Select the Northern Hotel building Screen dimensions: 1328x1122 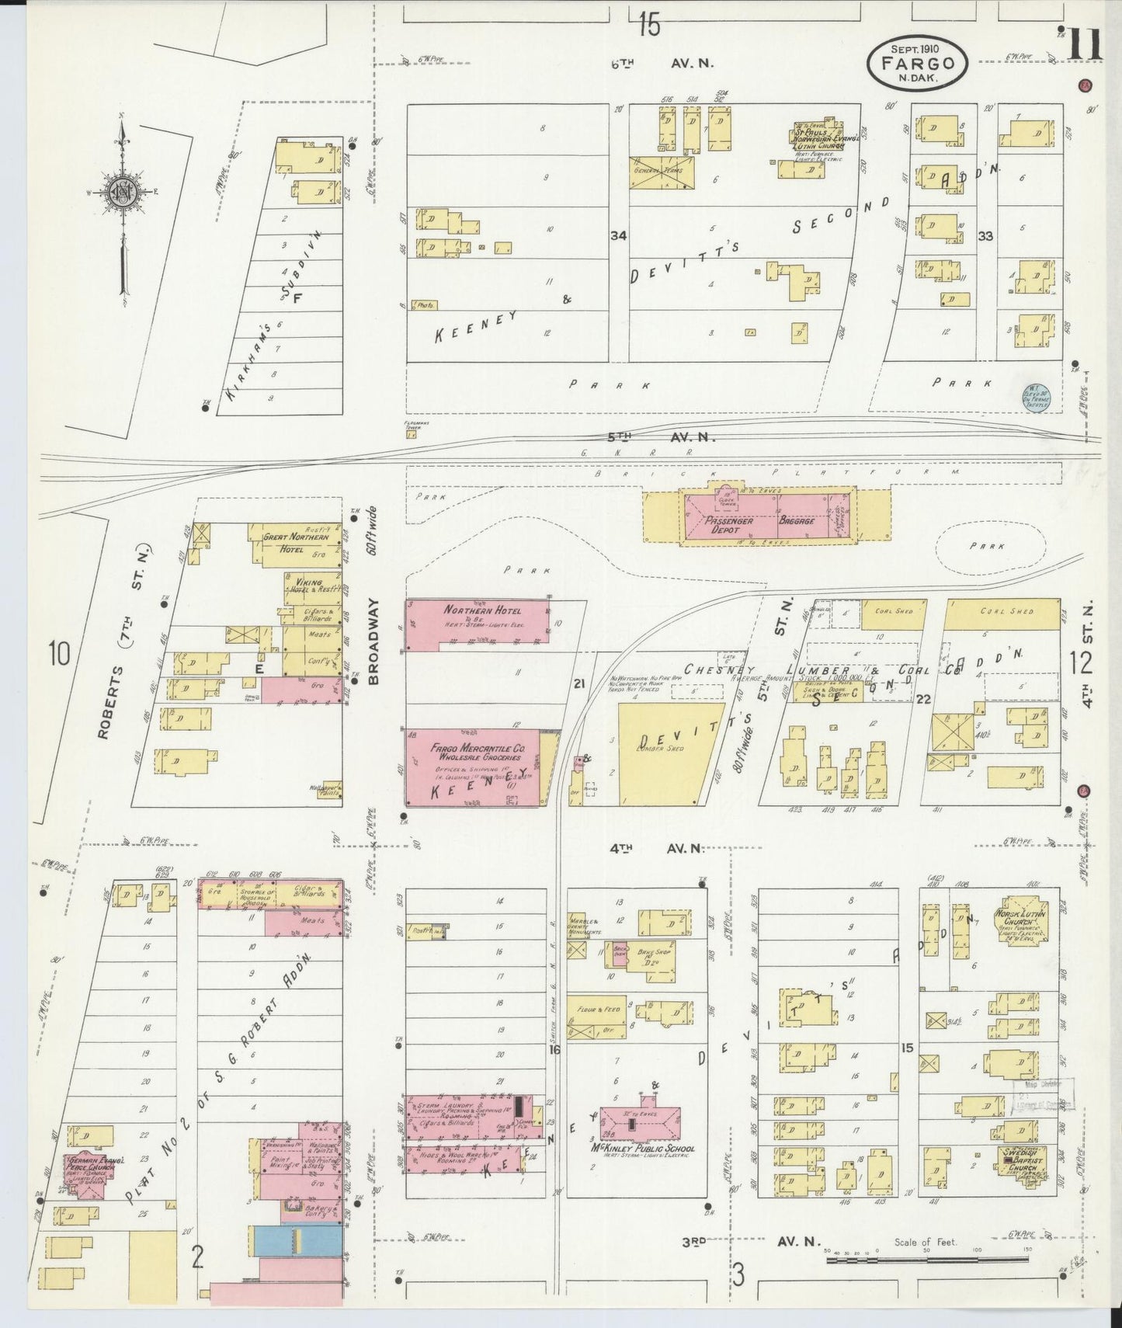[x=477, y=621]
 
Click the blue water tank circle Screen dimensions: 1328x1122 [x=1036, y=397]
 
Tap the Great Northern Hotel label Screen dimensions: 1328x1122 [x=296, y=542]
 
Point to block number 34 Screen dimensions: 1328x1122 [x=618, y=235]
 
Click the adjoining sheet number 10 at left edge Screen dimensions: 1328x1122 [x=58, y=653]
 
